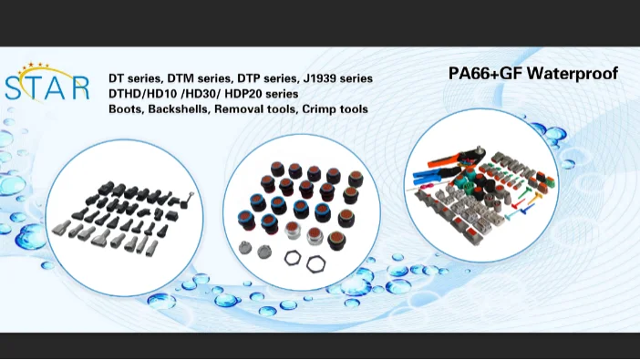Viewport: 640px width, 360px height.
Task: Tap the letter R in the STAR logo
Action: (x=81, y=87)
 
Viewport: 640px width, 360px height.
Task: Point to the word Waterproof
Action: (x=573, y=74)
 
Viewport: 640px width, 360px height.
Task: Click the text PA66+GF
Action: (x=485, y=74)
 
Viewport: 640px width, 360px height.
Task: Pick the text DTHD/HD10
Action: (x=143, y=94)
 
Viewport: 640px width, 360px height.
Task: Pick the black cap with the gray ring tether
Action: (x=186, y=201)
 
